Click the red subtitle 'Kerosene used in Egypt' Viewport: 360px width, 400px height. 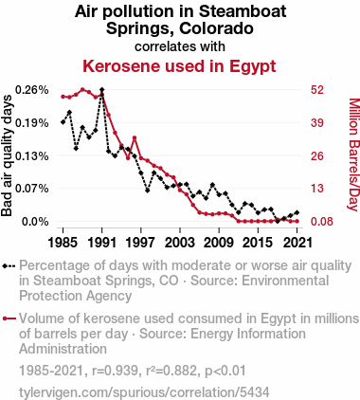pyautogui.click(x=179, y=67)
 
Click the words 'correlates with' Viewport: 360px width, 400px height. pyautogui.click(x=179, y=45)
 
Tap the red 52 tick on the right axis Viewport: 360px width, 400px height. pyautogui.click(x=317, y=90)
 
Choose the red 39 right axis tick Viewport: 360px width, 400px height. pyautogui.click(x=317, y=123)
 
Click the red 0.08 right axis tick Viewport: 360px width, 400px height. pyautogui.click(x=321, y=222)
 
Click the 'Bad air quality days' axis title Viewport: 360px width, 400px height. pyautogui.click(x=9, y=155)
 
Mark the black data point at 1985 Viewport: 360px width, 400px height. pyautogui.click(x=63, y=122)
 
